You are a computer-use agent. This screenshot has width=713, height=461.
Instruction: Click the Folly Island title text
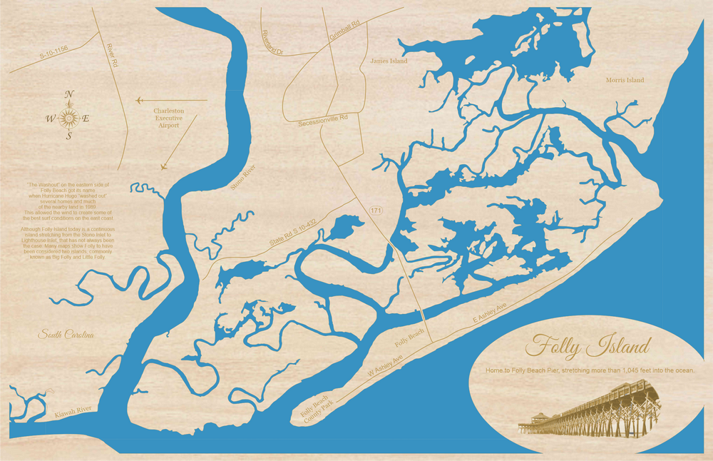tap(588, 348)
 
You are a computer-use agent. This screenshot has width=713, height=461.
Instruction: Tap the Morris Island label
tap(624, 80)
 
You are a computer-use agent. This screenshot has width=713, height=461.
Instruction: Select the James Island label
tap(389, 61)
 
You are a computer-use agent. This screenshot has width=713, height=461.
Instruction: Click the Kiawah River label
tap(73, 410)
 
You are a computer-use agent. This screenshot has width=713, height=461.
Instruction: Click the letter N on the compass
tap(69, 94)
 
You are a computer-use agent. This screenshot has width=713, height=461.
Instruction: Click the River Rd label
tap(112, 55)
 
